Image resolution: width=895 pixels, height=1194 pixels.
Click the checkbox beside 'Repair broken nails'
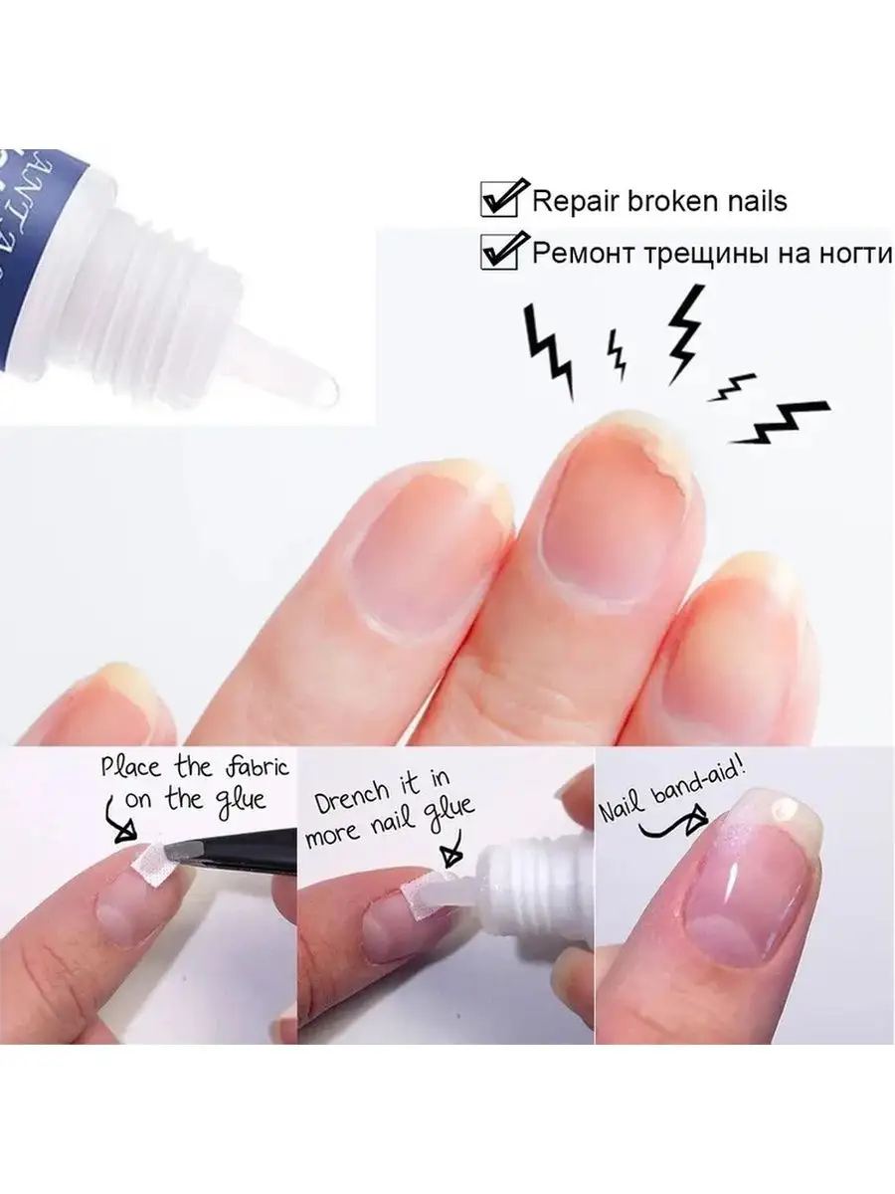point(499,200)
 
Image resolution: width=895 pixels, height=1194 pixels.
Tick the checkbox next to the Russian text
point(499,252)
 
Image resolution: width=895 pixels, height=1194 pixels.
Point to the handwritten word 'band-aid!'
point(699,780)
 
